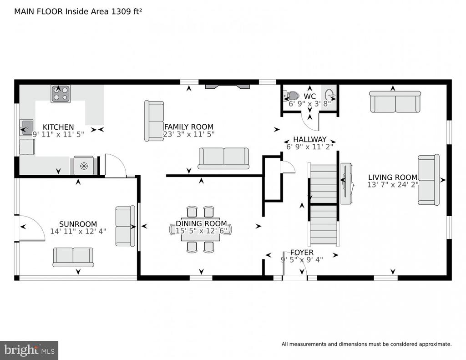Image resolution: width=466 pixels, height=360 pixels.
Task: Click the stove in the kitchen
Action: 60,94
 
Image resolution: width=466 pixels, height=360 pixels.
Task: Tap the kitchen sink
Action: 26,127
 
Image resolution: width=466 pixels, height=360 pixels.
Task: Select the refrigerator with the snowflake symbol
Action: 84,166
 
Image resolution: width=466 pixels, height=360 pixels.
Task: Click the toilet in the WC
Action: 292,96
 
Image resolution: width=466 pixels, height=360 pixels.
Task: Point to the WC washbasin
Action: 330,95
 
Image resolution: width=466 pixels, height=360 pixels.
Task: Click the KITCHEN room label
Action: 58,127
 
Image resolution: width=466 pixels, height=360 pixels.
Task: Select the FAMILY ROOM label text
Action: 188,127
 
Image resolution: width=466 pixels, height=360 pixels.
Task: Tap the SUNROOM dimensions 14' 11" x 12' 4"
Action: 78,231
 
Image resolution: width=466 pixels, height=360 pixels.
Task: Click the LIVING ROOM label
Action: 392,177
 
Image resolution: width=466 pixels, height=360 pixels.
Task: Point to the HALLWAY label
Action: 309,139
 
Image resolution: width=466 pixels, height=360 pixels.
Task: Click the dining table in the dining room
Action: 201,229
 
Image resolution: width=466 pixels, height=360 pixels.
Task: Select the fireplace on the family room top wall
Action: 227,85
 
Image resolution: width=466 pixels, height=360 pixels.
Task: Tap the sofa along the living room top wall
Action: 395,101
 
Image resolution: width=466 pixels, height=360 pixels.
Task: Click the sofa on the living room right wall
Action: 428,179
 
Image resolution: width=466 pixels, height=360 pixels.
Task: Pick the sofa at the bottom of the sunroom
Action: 73,257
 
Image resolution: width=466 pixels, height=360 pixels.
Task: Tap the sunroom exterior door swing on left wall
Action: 30,228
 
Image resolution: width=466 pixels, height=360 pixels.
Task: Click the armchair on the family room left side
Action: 154,121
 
